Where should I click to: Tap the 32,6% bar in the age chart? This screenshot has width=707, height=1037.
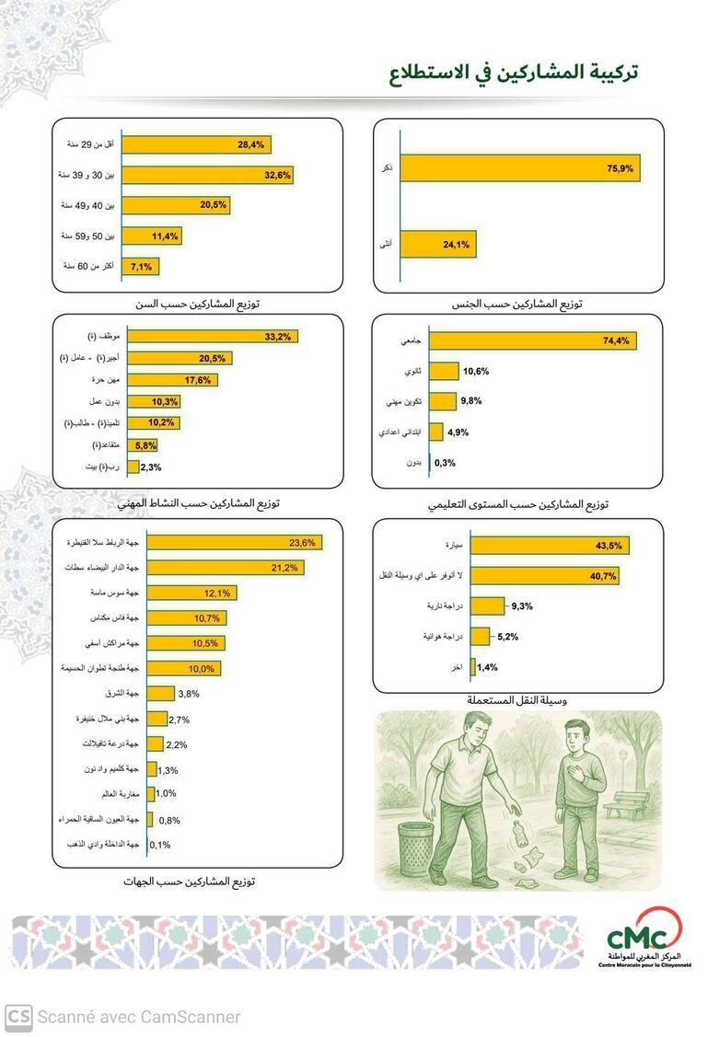(x=207, y=175)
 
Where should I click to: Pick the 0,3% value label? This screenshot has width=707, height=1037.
(x=445, y=463)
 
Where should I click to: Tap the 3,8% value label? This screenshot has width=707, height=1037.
(x=190, y=694)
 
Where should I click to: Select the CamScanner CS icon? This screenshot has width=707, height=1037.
(x=19, y=1017)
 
